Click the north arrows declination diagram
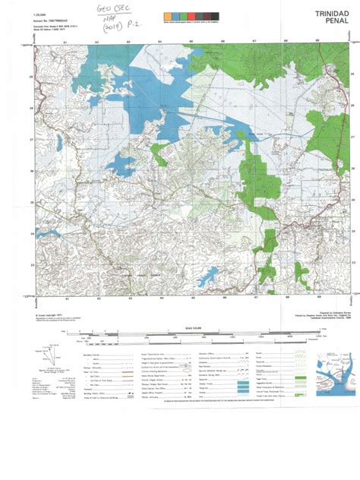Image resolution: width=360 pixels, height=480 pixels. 52,349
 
